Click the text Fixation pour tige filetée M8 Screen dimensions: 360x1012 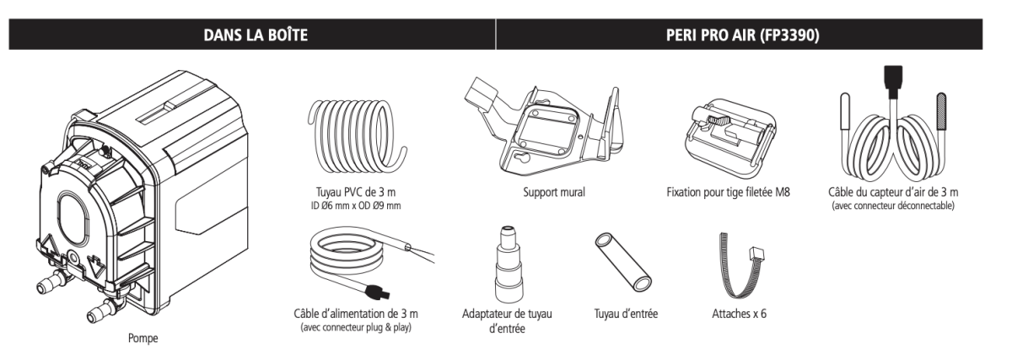pos(728,192)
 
